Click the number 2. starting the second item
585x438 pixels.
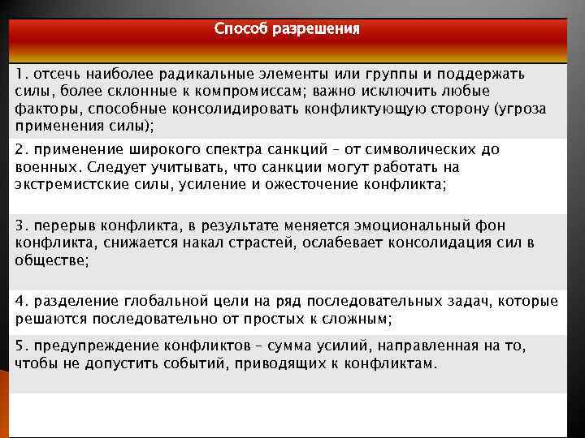(21, 150)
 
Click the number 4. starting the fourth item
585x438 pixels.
(21, 302)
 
